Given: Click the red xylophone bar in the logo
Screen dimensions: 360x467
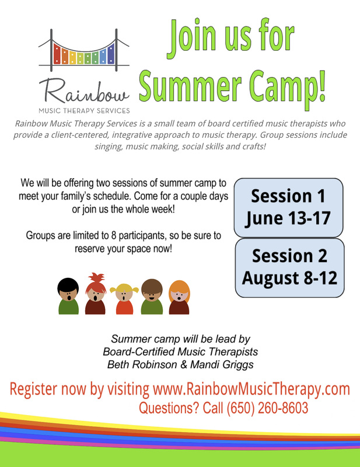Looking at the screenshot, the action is coord(57,54).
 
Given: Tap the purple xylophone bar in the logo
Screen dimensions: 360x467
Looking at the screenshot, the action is coord(111,54).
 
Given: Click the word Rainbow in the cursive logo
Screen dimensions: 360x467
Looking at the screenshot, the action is coord(84,92).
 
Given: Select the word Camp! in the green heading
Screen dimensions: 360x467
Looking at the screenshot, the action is coord(288,87).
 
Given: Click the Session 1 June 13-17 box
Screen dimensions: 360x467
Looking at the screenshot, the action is coord(288,208).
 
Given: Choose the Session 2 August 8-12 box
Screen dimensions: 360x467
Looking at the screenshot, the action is coord(290,268).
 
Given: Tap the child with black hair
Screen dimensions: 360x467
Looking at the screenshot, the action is coord(68,296).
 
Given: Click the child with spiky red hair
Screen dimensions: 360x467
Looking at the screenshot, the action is coord(95,294).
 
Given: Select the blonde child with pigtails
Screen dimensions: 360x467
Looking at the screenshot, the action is coord(124,299).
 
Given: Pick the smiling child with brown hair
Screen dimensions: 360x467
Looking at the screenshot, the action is coord(152,297).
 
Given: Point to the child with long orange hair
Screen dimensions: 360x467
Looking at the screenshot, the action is coord(179,297).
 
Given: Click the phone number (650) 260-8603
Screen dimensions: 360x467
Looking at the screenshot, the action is coord(267,407).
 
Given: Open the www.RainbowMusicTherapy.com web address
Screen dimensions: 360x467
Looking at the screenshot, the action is coord(251,389).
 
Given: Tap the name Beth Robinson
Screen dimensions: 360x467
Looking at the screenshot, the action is coord(142,364).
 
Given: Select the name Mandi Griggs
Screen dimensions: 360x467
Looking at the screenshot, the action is coord(222,364).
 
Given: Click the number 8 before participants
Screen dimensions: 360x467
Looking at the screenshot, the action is coord(113,236).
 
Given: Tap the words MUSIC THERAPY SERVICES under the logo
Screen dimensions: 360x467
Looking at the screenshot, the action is coord(84,111).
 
